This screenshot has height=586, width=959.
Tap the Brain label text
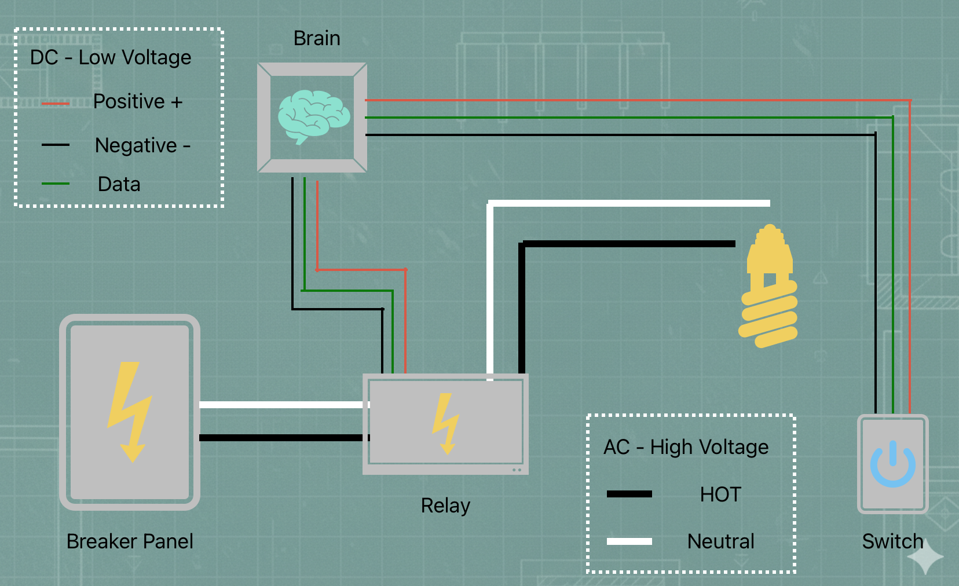click(317, 38)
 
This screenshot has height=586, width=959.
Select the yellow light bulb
click(768, 287)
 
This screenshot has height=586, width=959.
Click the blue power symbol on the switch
click(892, 464)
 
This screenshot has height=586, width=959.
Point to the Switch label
click(892, 541)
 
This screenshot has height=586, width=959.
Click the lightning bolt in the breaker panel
click(130, 411)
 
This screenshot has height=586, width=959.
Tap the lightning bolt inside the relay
click(445, 423)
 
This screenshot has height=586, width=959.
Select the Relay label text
click(445, 506)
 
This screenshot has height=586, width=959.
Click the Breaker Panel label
click(130, 541)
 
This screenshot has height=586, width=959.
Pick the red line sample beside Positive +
click(56, 104)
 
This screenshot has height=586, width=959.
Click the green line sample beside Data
click(56, 184)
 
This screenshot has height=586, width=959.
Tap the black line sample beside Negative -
click(56, 145)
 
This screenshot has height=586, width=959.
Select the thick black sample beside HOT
click(629, 494)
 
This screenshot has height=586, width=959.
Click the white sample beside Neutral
click(629, 541)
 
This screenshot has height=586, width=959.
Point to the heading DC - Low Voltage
click(111, 57)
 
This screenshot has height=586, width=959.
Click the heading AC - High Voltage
click(686, 447)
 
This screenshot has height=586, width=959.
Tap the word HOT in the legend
click(720, 495)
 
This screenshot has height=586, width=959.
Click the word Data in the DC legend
click(119, 184)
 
